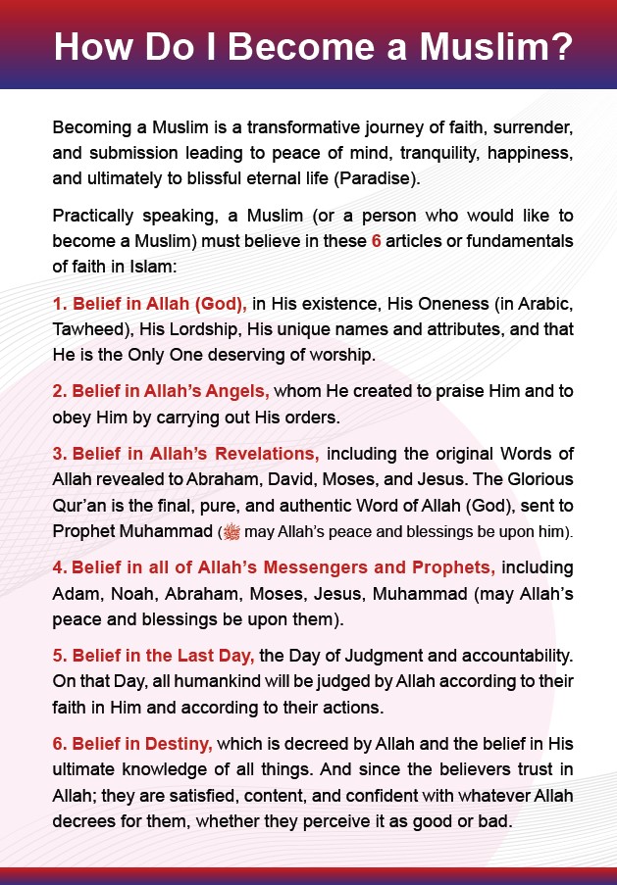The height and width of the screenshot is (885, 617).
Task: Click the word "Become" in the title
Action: point(300,47)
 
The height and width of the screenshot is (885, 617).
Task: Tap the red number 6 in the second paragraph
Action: point(376,239)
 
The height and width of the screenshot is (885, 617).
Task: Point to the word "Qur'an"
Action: point(77,506)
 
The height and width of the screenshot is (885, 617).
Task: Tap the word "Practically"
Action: point(94,214)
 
